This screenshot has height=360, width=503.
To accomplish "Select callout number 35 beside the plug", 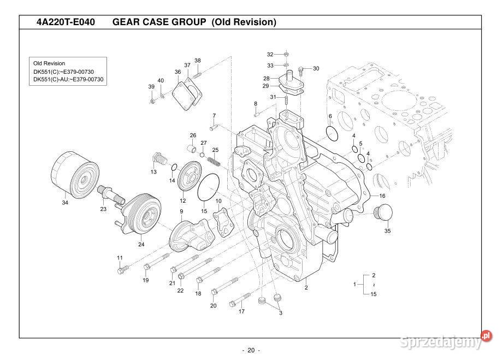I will coord(388,231).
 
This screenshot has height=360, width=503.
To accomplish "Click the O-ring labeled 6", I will coord(333,133).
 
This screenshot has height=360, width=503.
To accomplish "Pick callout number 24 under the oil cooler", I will coord(141,244).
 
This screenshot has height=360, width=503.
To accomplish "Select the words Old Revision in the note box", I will coord(49,63).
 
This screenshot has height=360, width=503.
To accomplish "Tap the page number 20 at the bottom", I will coord(251,350).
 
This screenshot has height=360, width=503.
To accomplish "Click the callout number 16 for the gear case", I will coord(382,196).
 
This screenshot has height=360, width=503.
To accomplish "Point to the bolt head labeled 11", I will coord(121,269).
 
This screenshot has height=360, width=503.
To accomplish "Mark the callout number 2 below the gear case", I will coord(306,287).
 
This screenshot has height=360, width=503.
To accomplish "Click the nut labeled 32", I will coord(287,55).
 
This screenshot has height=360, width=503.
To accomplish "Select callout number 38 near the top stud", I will coord(198,61).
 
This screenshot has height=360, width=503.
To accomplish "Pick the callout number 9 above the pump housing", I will coord(181,211).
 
